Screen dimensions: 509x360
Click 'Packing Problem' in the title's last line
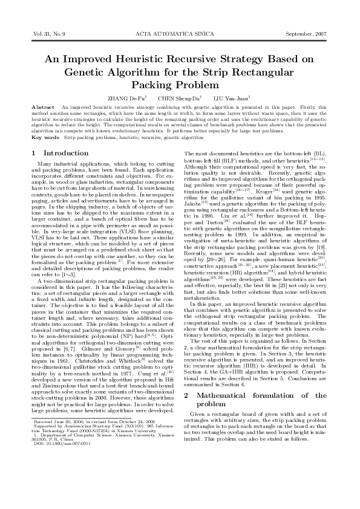(x=180, y=85)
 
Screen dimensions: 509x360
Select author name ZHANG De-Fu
(x=126, y=97)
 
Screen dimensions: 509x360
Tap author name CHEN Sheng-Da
(x=176, y=97)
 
